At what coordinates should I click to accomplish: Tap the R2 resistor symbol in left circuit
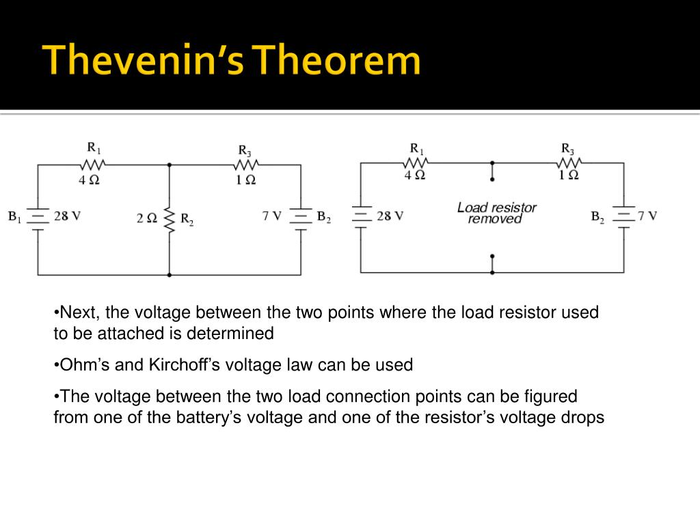(x=170, y=219)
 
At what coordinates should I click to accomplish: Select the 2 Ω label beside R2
(x=147, y=218)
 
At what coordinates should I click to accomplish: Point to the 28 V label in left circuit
(x=68, y=216)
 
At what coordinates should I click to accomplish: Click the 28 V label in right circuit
(x=390, y=216)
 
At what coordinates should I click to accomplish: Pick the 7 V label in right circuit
(x=647, y=216)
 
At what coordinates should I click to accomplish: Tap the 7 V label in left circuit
(x=272, y=216)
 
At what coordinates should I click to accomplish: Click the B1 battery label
(x=15, y=217)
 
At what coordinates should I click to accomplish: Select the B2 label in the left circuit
(x=324, y=217)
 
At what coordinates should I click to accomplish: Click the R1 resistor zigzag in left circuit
(x=93, y=165)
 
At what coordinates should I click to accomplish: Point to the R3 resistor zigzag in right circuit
(x=569, y=163)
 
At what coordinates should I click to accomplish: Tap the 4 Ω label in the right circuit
(x=415, y=174)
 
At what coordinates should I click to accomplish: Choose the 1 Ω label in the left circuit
(x=245, y=180)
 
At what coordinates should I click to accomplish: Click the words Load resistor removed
(x=496, y=213)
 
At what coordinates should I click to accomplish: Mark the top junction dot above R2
(x=170, y=165)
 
